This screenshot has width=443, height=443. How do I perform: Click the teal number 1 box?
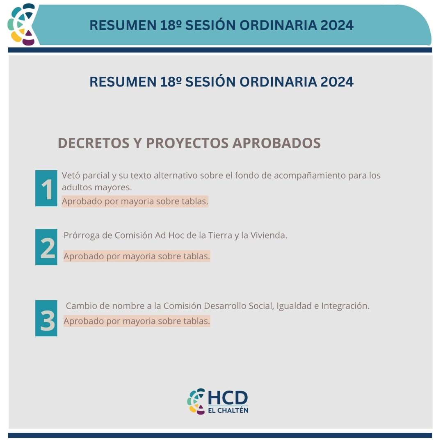click(x=46, y=188)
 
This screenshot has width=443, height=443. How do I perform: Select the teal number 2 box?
click(x=46, y=247)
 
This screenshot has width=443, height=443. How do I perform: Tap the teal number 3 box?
click(x=46, y=318)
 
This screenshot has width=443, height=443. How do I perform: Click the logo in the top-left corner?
click(x=22, y=24)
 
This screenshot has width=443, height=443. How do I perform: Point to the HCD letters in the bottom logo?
click(x=228, y=398)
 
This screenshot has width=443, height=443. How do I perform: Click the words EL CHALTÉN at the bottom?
click(x=228, y=410)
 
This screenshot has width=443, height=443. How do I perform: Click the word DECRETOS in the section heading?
click(x=94, y=143)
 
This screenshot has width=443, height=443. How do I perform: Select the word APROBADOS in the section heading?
click(x=276, y=143)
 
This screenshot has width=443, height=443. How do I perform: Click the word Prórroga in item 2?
click(x=81, y=235)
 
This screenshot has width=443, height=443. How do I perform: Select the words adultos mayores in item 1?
click(x=97, y=187)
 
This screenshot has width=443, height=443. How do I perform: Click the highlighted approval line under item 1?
click(x=135, y=201)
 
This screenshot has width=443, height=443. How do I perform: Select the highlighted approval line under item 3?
click(x=137, y=321)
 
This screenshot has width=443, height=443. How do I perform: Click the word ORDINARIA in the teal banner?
click(x=278, y=25)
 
